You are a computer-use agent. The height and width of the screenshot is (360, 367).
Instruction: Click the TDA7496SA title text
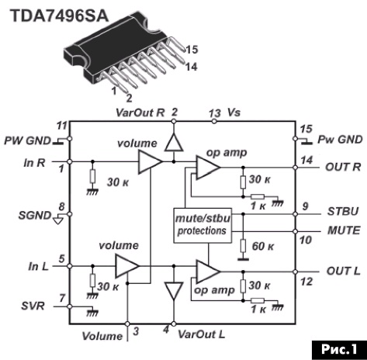click(x=60, y=16)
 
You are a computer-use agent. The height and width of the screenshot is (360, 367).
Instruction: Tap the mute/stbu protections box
click(x=203, y=225)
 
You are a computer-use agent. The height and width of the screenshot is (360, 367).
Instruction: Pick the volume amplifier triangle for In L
click(x=127, y=266)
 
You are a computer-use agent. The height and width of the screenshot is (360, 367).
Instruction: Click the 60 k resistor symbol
click(x=243, y=246)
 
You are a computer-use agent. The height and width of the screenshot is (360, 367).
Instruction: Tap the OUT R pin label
click(x=343, y=167)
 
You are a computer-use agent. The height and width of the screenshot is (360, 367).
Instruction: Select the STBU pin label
click(x=343, y=211)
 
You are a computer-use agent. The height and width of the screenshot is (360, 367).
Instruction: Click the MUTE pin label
click(x=344, y=230)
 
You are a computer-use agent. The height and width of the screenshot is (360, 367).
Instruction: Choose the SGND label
click(x=35, y=216)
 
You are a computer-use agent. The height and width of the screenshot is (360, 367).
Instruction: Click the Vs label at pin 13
click(x=234, y=112)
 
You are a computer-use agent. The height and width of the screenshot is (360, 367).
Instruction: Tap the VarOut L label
click(x=201, y=334)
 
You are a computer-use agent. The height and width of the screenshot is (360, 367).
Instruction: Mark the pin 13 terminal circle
click(x=214, y=121)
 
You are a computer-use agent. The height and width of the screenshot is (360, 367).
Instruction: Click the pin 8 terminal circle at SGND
click(x=69, y=214)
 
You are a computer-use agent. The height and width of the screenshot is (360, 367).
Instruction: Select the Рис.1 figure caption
click(x=339, y=350)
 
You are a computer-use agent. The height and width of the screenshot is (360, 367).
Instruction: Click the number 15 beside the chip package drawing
click(x=192, y=50)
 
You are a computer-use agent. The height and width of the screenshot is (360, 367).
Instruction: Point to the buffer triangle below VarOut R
click(x=174, y=142)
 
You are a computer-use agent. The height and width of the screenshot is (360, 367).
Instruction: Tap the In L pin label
click(x=39, y=267)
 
